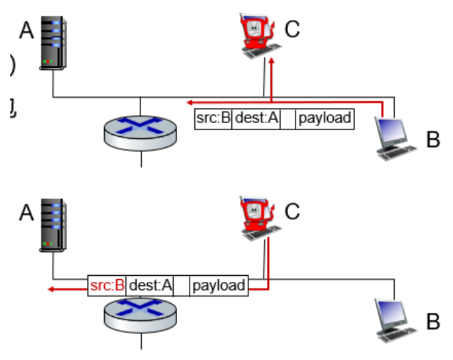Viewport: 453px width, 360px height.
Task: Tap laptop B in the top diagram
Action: [396, 137]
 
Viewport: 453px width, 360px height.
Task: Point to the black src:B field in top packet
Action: [213, 118]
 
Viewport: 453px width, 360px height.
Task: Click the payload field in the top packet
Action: [325, 118]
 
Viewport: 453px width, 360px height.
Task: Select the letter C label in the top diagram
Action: [292, 29]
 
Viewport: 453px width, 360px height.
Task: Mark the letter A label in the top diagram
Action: [26, 31]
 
